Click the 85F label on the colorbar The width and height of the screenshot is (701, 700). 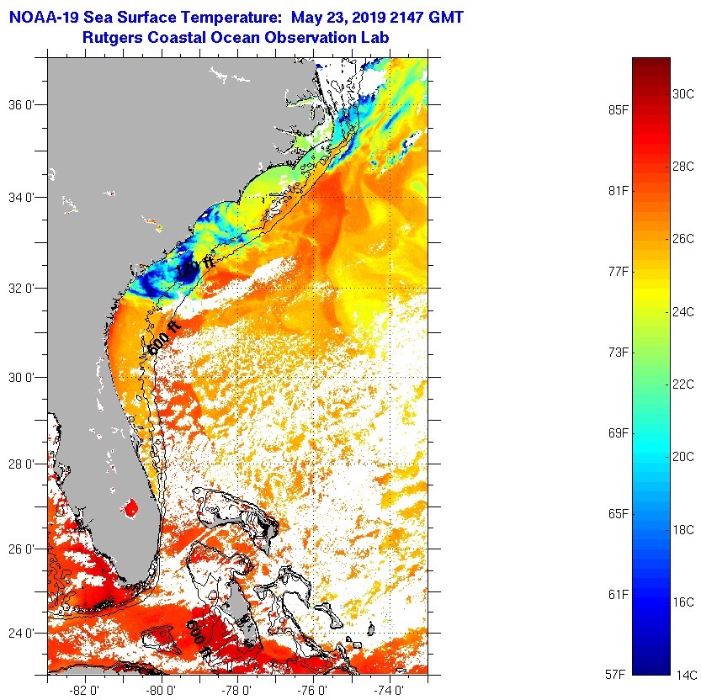point(619,109)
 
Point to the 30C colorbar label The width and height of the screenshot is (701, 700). point(682,94)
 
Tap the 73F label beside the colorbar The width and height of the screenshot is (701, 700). point(619,352)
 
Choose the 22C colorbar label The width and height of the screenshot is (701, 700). point(682,384)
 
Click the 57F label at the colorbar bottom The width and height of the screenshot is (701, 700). point(619,675)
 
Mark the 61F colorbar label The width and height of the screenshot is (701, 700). point(619,594)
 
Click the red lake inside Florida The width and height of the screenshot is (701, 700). point(130,507)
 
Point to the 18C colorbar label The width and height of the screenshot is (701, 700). point(682,529)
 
